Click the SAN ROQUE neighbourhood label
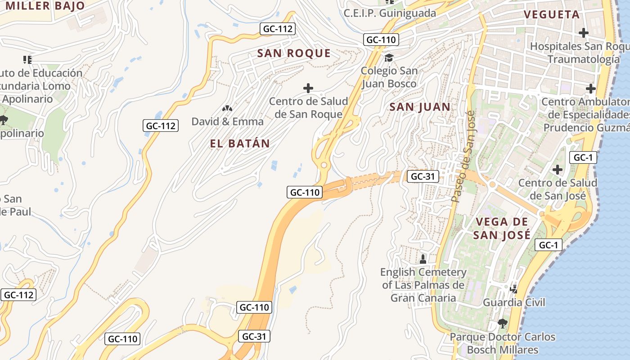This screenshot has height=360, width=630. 294,53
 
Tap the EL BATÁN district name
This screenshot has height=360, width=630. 240,144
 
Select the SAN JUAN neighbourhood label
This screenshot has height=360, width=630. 420,107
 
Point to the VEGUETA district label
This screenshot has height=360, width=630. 551,14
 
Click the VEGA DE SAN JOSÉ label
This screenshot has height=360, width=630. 502,228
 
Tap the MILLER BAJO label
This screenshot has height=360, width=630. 45,6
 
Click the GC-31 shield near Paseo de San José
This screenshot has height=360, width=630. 423,176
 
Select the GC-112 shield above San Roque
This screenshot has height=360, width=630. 278,29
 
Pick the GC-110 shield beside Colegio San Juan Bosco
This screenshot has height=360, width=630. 381,40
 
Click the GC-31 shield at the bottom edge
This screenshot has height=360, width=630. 254,336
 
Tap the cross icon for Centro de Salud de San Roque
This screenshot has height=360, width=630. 308,88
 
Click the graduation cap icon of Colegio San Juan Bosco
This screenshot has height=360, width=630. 389,58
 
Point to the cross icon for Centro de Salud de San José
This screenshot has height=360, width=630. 557,170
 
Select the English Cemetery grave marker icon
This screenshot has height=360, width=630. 423,259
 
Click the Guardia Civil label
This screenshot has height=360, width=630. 513,302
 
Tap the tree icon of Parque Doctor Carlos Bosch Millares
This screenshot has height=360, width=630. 502,323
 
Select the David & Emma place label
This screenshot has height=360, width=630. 227,121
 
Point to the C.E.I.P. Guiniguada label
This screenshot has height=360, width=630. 390,13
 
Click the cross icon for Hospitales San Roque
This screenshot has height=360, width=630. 583,33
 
